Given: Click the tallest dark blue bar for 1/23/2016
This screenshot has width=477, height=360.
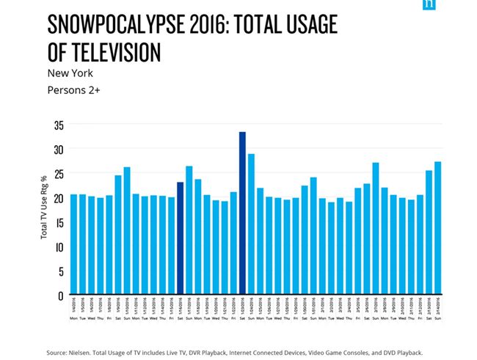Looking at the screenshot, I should point(242,213).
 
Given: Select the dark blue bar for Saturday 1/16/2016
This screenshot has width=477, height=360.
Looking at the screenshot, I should point(181,238).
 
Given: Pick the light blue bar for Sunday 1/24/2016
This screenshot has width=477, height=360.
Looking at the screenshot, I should point(251,224).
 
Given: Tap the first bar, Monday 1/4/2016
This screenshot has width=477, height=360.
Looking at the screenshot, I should point(74,245).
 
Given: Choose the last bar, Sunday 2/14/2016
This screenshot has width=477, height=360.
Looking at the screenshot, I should point(437,228).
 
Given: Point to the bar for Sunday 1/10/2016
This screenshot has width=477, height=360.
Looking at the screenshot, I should point(127,231).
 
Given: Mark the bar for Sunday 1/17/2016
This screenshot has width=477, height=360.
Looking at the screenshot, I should point(189,230).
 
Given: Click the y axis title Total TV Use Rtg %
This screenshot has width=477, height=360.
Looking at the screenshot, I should point(44,207).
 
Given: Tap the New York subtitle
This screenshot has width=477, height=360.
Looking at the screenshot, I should point(70,73).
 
